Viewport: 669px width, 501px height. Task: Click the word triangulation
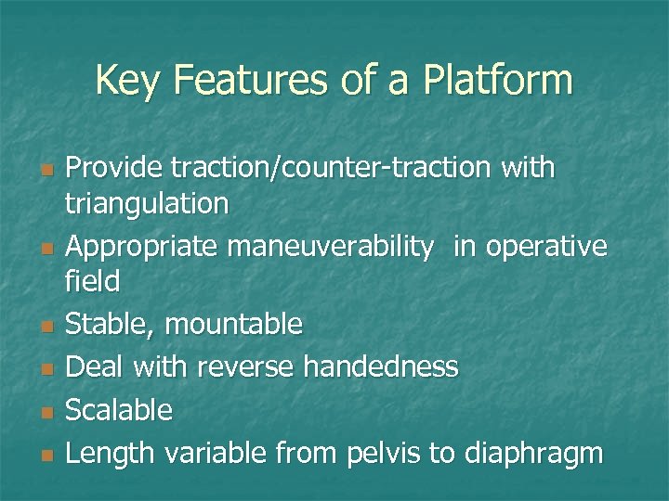(x=149, y=203)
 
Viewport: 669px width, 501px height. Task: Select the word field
(x=95, y=280)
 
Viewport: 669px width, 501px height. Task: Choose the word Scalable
(x=121, y=410)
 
